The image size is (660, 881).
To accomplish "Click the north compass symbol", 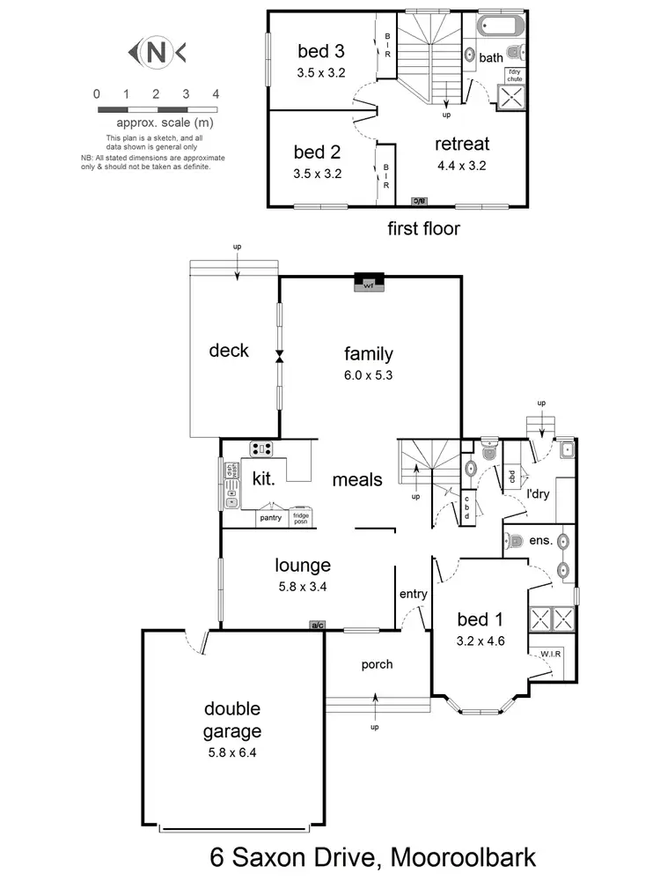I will [x=156, y=53].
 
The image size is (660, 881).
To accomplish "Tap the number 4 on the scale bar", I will [x=215, y=93].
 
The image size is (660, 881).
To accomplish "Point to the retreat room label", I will [x=462, y=144].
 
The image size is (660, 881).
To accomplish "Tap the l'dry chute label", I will [x=513, y=76].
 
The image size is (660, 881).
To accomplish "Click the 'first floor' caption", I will [x=424, y=229].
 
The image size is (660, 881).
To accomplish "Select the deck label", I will [x=229, y=351].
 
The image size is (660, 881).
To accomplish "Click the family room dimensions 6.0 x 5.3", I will [x=368, y=374].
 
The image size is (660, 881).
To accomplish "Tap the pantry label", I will [x=270, y=518].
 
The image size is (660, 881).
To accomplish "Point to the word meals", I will [x=357, y=480].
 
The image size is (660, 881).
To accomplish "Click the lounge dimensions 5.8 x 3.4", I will [x=302, y=586].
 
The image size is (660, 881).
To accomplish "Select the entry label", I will [x=413, y=595].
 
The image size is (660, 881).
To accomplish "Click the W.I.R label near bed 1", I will [x=552, y=655].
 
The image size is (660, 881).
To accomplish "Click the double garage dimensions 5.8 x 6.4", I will [x=232, y=752].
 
